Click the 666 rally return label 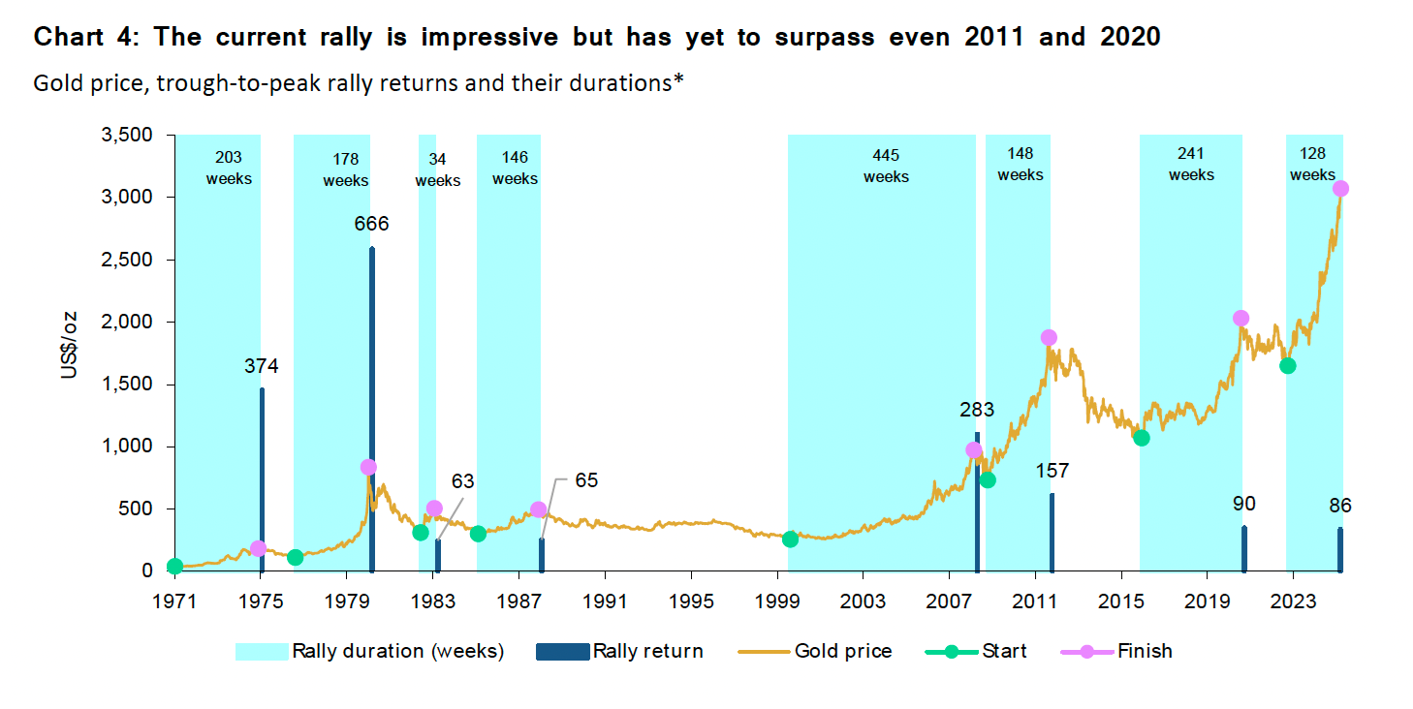click(x=371, y=225)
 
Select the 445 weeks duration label click(x=886, y=166)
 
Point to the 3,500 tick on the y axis click(x=126, y=136)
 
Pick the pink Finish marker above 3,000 click(x=1340, y=189)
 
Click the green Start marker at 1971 click(x=175, y=567)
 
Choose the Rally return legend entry click(x=620, y=651)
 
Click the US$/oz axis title click(x=69, y=345)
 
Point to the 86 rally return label click(x=1340, y=506)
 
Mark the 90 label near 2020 click(x=1244, y=504)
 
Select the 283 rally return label click(x=977, y=410)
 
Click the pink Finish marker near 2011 click(x=1048, y=338)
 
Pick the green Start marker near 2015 click(x=1141, y=438)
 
